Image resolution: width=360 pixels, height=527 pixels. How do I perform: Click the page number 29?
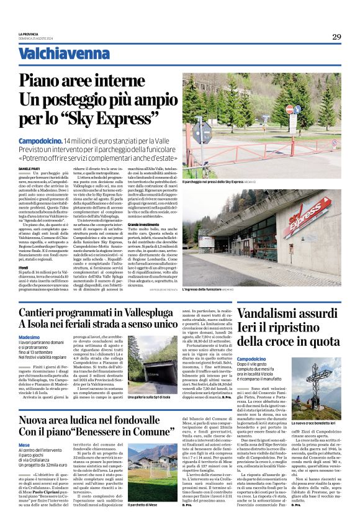click(x=336, y=37)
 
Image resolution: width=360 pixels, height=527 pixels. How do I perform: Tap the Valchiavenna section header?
click(x=55, y=54)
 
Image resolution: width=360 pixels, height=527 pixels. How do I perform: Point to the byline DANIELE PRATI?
click(x=29, y=151)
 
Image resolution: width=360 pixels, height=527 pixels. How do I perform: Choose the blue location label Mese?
click(x=24, y=445)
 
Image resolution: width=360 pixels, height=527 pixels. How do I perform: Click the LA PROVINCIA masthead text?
click(x=29, y=33)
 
